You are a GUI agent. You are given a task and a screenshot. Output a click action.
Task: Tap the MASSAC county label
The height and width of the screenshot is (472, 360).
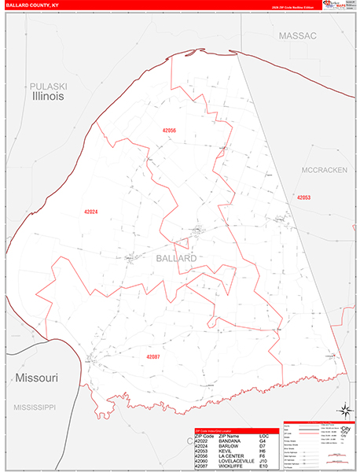pyautogui.click(x=296, y=36)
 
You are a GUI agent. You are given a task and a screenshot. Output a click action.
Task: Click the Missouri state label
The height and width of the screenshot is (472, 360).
pyautogui.click(x=36, y=378)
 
